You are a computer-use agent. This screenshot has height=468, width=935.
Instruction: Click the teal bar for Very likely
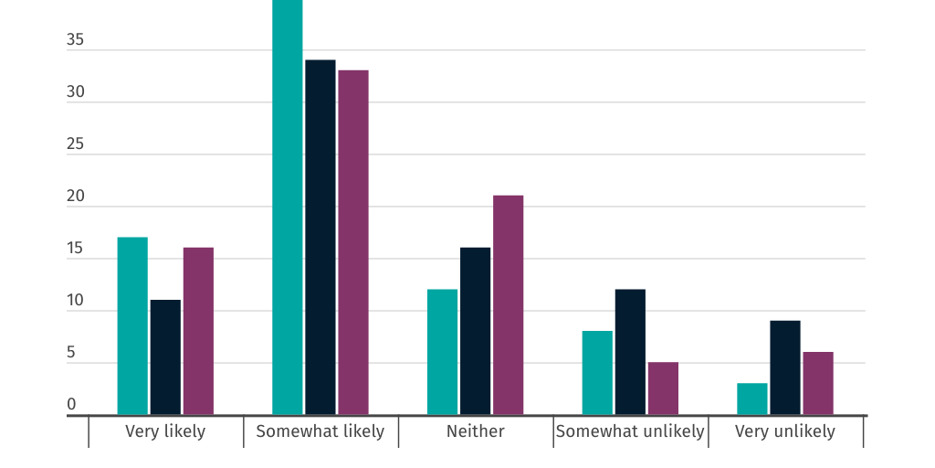[132, 326]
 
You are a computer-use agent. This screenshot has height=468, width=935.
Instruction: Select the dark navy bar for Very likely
[165, 357]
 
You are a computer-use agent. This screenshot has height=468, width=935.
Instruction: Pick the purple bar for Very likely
[198, 331]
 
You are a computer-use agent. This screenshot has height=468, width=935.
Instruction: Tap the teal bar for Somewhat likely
[288, 207]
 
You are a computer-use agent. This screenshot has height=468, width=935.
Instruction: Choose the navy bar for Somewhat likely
[320, 238]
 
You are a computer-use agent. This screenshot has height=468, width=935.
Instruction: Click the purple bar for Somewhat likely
[353, 242]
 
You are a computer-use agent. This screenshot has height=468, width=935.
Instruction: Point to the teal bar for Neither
[442, 352]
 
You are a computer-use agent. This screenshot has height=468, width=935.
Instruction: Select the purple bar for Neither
[508, 305]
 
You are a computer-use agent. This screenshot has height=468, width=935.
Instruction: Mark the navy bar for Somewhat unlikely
[630, 352]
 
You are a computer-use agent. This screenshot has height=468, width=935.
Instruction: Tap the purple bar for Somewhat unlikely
[663, 388]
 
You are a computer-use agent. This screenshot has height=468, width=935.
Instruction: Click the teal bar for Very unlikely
[752, 399]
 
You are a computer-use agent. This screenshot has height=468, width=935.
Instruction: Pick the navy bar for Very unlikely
[785, 367]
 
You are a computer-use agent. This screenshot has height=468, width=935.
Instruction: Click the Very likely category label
[165, 431]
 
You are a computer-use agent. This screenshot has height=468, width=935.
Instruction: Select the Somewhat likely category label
[320, 431]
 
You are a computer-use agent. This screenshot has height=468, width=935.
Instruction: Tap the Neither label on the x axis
[475, 431]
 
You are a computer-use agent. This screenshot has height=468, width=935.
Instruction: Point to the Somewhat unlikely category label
[630, 431]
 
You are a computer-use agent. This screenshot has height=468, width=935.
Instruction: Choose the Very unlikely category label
[785, 431]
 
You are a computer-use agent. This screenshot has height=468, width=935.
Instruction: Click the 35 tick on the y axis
[75, 40]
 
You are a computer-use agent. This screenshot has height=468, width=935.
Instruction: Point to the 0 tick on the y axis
[71, 405]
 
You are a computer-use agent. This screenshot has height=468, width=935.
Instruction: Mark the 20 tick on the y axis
[75, 197]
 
